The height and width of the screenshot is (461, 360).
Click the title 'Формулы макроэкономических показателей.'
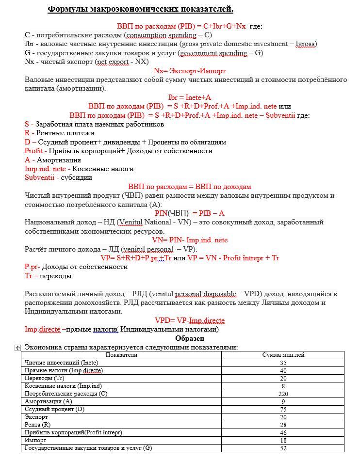140,9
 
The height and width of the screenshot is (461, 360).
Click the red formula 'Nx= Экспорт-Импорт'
190,71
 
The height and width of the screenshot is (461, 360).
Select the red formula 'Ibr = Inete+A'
190,97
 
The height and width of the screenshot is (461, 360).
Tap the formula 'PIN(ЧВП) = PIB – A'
190,213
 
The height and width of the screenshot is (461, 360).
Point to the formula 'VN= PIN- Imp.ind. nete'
190,240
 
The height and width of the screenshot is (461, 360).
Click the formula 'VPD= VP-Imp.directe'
190,320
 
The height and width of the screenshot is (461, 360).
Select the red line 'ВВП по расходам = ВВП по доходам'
190,187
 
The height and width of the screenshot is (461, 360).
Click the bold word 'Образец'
190,338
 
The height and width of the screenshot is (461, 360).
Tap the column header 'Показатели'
121,355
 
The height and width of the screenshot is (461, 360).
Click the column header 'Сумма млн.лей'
283,355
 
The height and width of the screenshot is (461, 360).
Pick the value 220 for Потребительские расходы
283,394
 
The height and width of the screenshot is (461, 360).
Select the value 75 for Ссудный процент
283,409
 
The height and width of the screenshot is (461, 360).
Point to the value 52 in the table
283,448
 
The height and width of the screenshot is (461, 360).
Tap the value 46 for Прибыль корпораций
283,432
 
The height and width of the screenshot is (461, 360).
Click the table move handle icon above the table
18,348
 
